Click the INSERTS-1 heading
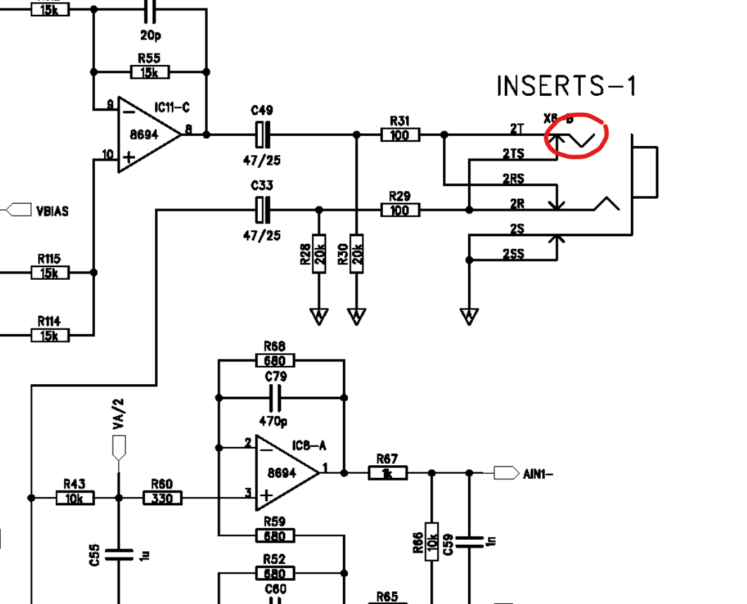click(x=567, y=86)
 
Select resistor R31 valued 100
click(x=400, y=135)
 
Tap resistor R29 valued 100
click(x=400, y=210)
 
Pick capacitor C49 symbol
click(x=262, y=134)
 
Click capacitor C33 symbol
click(x=262, y=209)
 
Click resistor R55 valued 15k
click(x=150, y=72)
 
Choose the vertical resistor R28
click(x=319, y=252)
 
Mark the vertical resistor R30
click(x=357, y=252)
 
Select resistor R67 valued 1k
click(x=388, y=473)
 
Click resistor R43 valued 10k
click(x=75, y=498)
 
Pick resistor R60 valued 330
click(x=163, y=498)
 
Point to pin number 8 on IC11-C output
click(x=189, y=129)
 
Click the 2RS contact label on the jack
click(x=513, y=179)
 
